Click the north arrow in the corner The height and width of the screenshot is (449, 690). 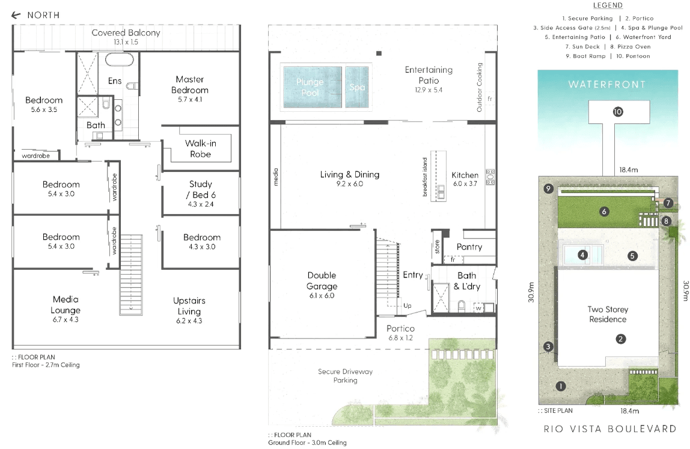(16, 15)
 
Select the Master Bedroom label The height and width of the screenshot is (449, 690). (190, 85)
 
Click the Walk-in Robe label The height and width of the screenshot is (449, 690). (200, 148)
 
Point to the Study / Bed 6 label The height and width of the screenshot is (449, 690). (201, 189)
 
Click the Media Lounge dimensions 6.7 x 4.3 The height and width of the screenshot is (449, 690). (66, 320)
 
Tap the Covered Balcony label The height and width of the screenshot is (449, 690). (126, 32)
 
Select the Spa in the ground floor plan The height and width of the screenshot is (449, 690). (357, 87)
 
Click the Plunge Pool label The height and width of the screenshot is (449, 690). (310, 87)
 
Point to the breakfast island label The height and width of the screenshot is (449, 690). (425, 177)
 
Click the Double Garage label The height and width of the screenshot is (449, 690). (322, 281)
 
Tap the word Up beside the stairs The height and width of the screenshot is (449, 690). (408, 305)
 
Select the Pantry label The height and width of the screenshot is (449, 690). (469, 247)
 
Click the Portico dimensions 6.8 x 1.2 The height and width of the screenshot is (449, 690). (400, 338)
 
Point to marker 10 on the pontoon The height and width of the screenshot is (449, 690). (618, 112)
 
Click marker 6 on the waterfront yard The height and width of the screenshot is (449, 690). (604, 212)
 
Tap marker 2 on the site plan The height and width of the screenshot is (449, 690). (620, 339)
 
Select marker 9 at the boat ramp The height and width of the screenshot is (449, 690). (548, 189)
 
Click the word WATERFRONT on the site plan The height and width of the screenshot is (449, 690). (607, 85)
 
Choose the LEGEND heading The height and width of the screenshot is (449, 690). (608, 5)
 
